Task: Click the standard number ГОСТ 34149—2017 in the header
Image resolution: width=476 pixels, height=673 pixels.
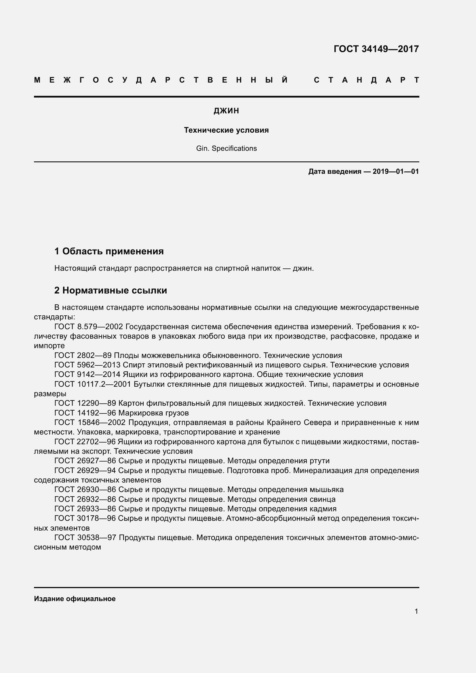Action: pos(376,49)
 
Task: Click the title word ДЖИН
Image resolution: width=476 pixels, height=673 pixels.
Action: pos(226,111)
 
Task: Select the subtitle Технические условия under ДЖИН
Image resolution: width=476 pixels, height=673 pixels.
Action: pos(226,130)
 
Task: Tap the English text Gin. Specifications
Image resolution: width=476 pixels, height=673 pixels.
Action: pos(226,148)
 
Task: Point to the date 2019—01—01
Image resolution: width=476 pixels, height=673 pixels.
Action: pos(396,171)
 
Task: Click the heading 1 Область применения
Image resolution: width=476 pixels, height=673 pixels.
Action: pos(109,251)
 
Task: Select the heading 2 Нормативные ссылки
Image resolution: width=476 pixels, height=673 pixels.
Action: pos(111,291)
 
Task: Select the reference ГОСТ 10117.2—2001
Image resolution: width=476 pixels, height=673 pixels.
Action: pos(93,384)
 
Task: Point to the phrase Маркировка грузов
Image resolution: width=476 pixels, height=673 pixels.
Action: pos(153,413)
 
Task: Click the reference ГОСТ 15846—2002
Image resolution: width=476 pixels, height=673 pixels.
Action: pos(90,423)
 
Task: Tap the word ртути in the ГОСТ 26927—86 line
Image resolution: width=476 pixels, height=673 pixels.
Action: pos(319,461)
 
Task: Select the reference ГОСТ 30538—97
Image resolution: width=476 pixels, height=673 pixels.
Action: pos(85,538)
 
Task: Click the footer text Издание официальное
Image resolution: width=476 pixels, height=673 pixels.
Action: pos(75,599)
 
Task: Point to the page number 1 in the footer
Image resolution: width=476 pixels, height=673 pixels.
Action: pos(416,611)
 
